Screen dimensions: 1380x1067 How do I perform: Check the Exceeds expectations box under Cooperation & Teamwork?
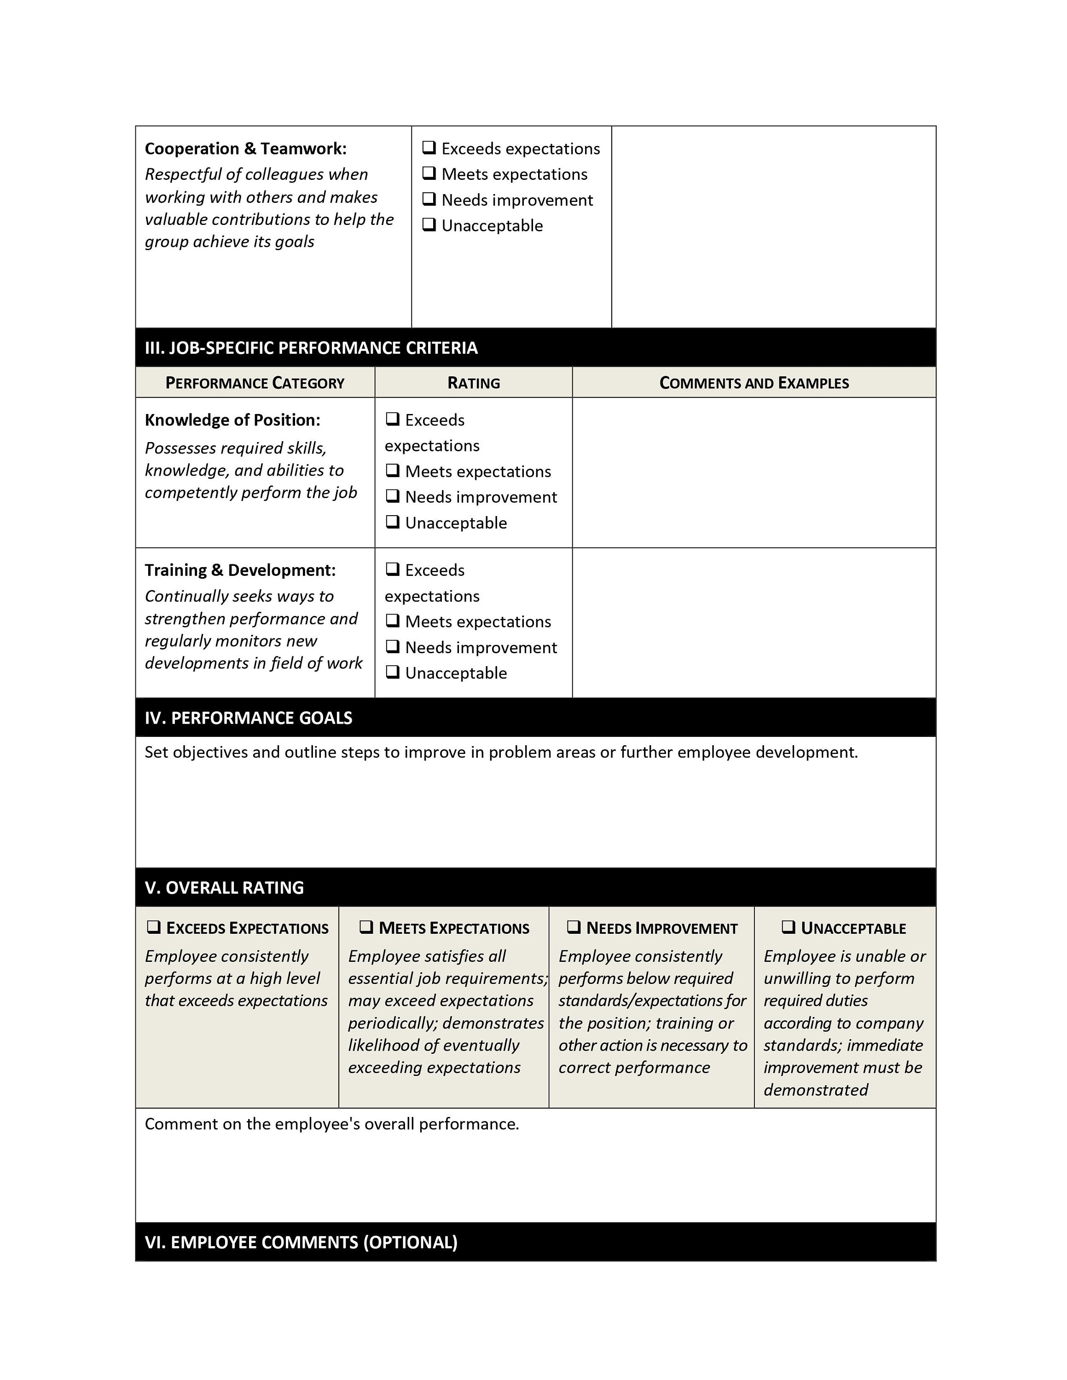point(429,148)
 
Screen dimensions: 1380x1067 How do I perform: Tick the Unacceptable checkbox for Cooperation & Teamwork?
point(429,224)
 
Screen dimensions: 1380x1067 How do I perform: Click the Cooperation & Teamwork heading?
point(245,149)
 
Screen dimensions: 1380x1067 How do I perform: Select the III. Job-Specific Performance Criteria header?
point(311,347)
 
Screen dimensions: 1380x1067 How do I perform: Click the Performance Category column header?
point(255,383)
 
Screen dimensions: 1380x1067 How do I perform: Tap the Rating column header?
point(474,383)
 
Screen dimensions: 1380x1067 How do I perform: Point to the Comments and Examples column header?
point(754,383)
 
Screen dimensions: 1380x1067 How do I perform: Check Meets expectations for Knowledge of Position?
point(393,470)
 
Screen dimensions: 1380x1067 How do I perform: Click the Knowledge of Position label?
point(232,420)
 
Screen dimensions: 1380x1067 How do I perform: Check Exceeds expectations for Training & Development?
point(393,569)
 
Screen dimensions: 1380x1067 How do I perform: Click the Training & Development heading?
point(240,570)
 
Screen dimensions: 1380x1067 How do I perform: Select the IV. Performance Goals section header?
point(249,718)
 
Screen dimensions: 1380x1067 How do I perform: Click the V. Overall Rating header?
point(224,887)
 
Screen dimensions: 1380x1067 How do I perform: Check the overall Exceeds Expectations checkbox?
point(154,927)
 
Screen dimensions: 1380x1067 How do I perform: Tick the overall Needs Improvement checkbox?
point(574,927)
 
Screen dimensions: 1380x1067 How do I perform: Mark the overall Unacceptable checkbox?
point(788,927)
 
